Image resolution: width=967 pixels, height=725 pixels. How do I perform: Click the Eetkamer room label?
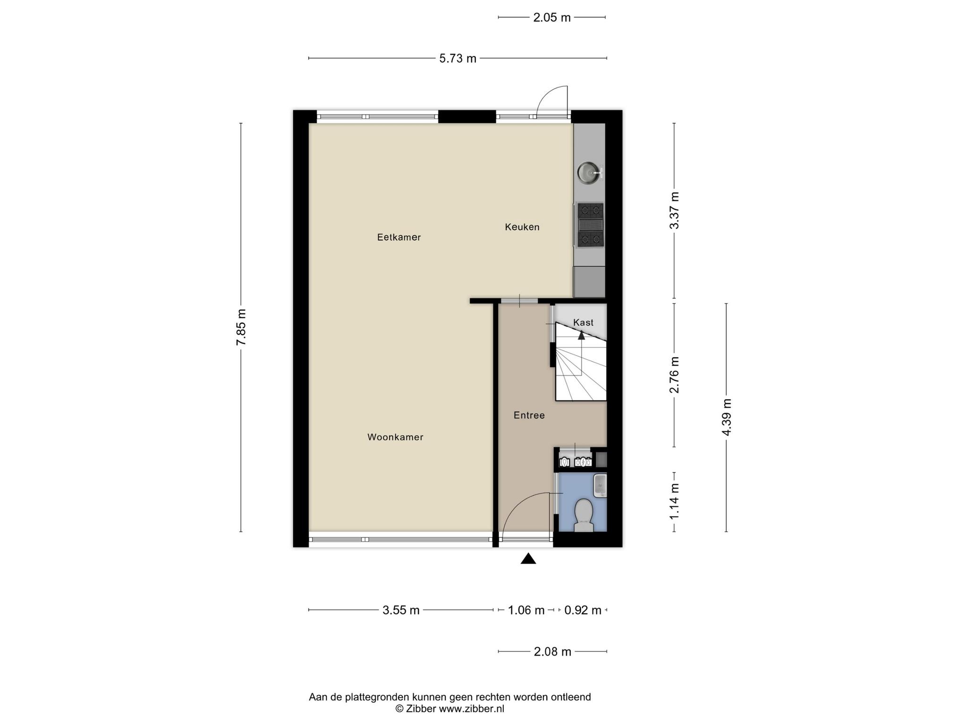click(x=399, y=237)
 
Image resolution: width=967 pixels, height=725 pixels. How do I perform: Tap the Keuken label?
click(x=522, y=227)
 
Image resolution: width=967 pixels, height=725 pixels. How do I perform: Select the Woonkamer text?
click(x=395, y=438)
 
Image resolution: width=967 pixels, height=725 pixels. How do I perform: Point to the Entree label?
click(x=529, y=415)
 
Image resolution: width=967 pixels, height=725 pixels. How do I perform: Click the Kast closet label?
click(x=583, y=322)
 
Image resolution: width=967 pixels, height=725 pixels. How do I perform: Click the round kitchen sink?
click(x=588, y=172)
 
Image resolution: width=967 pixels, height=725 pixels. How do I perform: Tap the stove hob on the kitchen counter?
click(x=590, y=225)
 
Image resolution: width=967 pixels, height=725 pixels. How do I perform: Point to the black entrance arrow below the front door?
click(x=528, y=559)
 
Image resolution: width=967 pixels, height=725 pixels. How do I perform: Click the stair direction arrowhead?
click(x=581, y=335)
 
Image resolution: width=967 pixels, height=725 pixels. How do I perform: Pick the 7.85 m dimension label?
click(x=241, y=327)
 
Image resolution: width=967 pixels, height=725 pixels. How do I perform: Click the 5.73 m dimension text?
click(x=458, y=59)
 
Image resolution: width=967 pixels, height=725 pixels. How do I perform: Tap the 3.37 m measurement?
click(x=674, y=211)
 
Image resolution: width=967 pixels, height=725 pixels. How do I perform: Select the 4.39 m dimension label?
click(x=726, y=417)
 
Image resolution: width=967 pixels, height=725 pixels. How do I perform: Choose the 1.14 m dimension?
click(x=674, y=502)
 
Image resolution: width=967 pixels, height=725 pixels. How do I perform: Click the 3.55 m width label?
click(x=401, y=610)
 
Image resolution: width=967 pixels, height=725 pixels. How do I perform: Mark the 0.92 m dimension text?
click(x=583, y=610)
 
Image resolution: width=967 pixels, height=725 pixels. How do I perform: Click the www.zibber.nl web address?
click(x=472, y=708)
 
